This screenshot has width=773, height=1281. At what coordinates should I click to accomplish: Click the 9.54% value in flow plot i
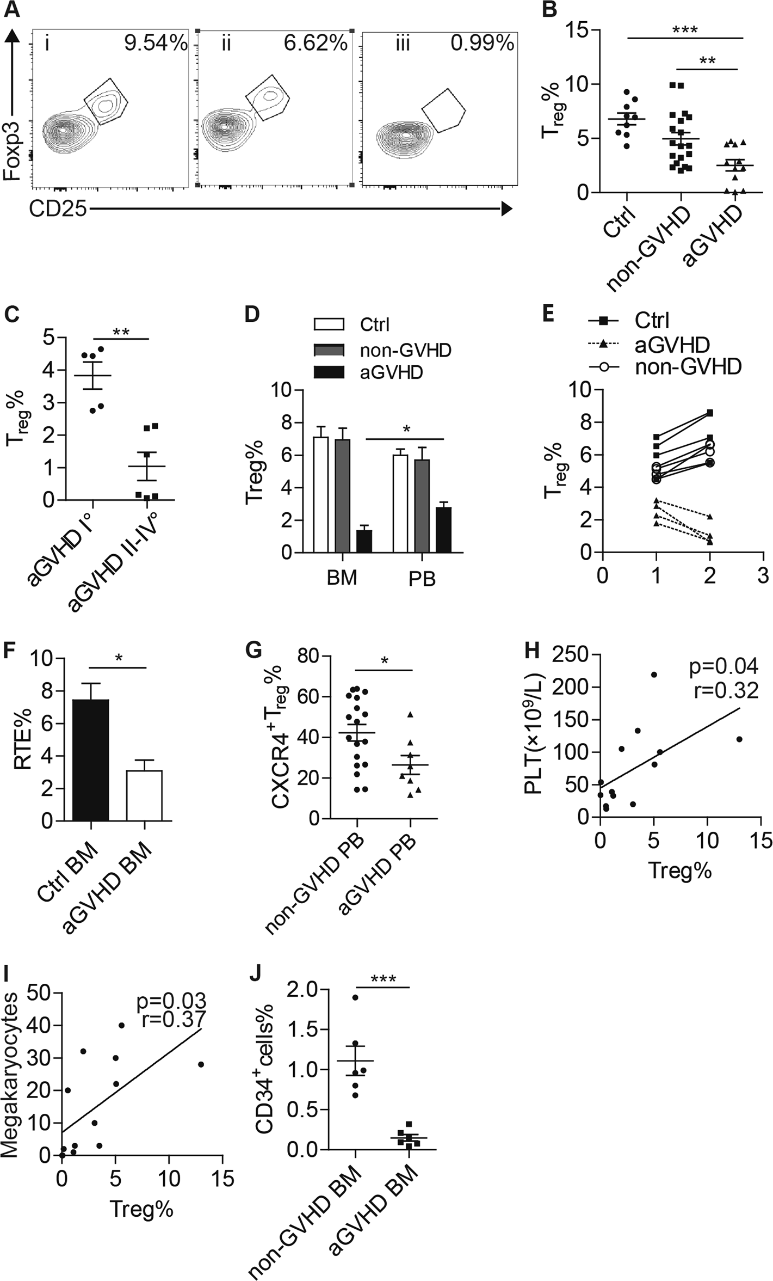click(156, 42)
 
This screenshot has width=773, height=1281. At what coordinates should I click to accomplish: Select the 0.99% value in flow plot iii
click(482, 42)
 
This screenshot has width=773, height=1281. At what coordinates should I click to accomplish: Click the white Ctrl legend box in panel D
click(329, 324)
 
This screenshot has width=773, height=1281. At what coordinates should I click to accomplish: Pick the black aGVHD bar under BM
click(364, 541)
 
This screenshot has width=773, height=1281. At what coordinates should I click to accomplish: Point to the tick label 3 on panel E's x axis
click(763, 575)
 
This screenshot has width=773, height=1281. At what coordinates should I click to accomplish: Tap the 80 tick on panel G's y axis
click(305, 657)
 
